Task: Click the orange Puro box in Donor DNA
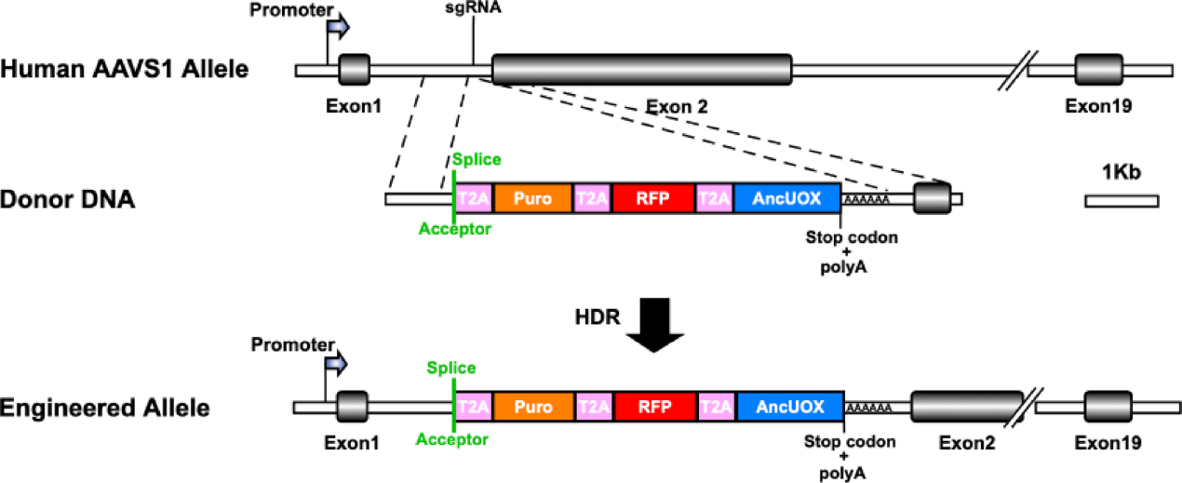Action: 532,198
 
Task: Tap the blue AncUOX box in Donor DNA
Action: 786,198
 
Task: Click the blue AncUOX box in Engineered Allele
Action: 789,407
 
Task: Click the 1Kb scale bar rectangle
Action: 1122,200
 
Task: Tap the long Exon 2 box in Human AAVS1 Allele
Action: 641,70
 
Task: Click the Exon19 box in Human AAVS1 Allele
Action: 1098,71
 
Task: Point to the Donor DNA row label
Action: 68,198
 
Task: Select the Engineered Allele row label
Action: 105,407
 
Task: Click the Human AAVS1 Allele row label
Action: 125,69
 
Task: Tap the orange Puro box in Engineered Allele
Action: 532,407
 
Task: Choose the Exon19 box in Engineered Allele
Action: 1106,408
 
